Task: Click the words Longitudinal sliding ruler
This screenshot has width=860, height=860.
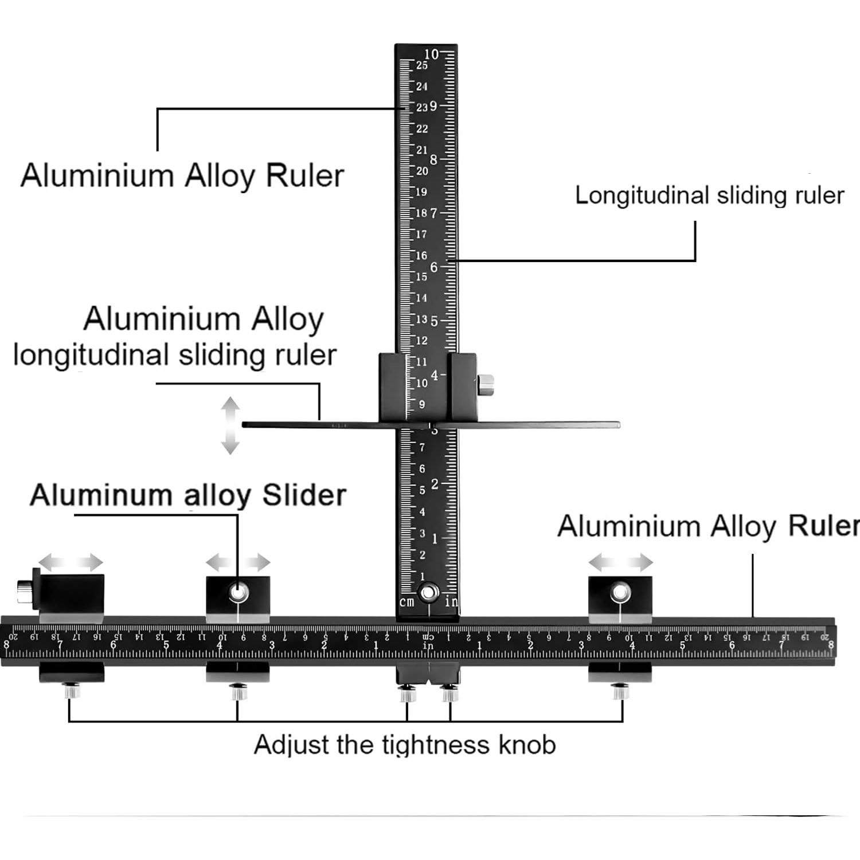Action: [709, 196]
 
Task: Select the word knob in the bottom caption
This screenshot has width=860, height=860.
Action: [527, 745]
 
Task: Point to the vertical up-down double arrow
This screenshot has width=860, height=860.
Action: [230, 425]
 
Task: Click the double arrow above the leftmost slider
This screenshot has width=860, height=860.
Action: [71, 562]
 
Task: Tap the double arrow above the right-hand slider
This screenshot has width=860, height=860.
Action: [620, 562]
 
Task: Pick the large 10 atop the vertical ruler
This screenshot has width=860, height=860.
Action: [431, 54]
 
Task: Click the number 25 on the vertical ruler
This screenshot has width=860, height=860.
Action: [422, 65]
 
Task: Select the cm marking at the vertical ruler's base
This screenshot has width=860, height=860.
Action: [406, 602]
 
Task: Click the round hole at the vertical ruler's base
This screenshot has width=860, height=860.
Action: [427, 592]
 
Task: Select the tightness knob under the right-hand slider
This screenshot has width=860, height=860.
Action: [619, 691]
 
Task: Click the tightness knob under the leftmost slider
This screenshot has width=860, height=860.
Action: [72, 691]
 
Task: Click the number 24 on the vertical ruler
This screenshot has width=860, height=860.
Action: [422, 87]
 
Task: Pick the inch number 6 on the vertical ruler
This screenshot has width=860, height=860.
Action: [434, 267]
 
